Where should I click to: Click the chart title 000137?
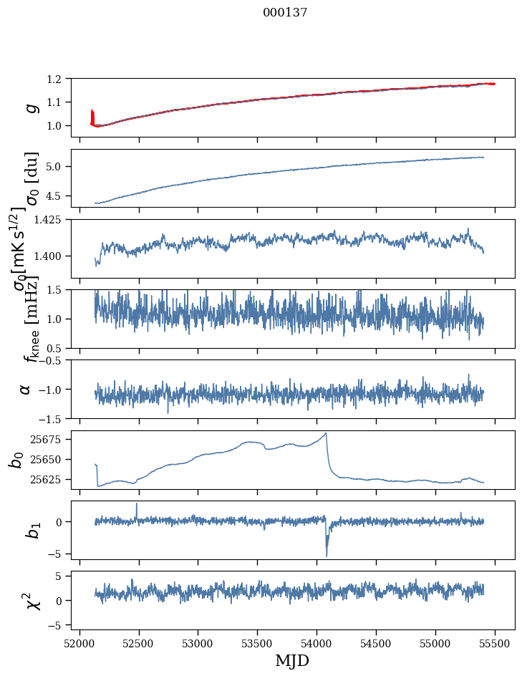[x=285, y=12]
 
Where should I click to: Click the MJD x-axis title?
[x=292, y=660]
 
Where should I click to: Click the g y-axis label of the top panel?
[x=31, y=107]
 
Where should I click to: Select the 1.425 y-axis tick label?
[x=54, y=220]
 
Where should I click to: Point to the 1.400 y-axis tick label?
[x=54, y=256]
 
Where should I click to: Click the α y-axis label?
[x=25, y=389]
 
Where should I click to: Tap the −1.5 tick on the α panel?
[x=56, y=418]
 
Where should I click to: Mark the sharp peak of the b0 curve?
[x=326, y=433]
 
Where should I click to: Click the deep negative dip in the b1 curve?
[x=327, y=555]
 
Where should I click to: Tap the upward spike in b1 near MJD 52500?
[x=137, y=504]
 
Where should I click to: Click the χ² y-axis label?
[x=31, y=601]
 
